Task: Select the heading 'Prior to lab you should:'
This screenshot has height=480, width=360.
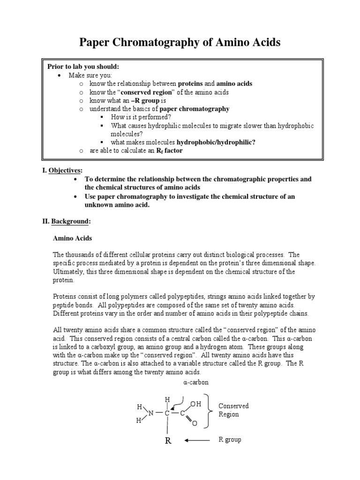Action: (x=83, y=66)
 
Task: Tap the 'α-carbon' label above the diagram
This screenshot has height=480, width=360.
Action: (x=196, y=382)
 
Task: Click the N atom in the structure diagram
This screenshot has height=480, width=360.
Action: (x=151, y=413)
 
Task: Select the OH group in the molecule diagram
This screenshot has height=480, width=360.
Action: (x=195, y=404)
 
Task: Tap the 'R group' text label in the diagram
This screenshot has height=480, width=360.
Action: (x=230, y=440)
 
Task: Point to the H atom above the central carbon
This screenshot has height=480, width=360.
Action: (x=167, y=399)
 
